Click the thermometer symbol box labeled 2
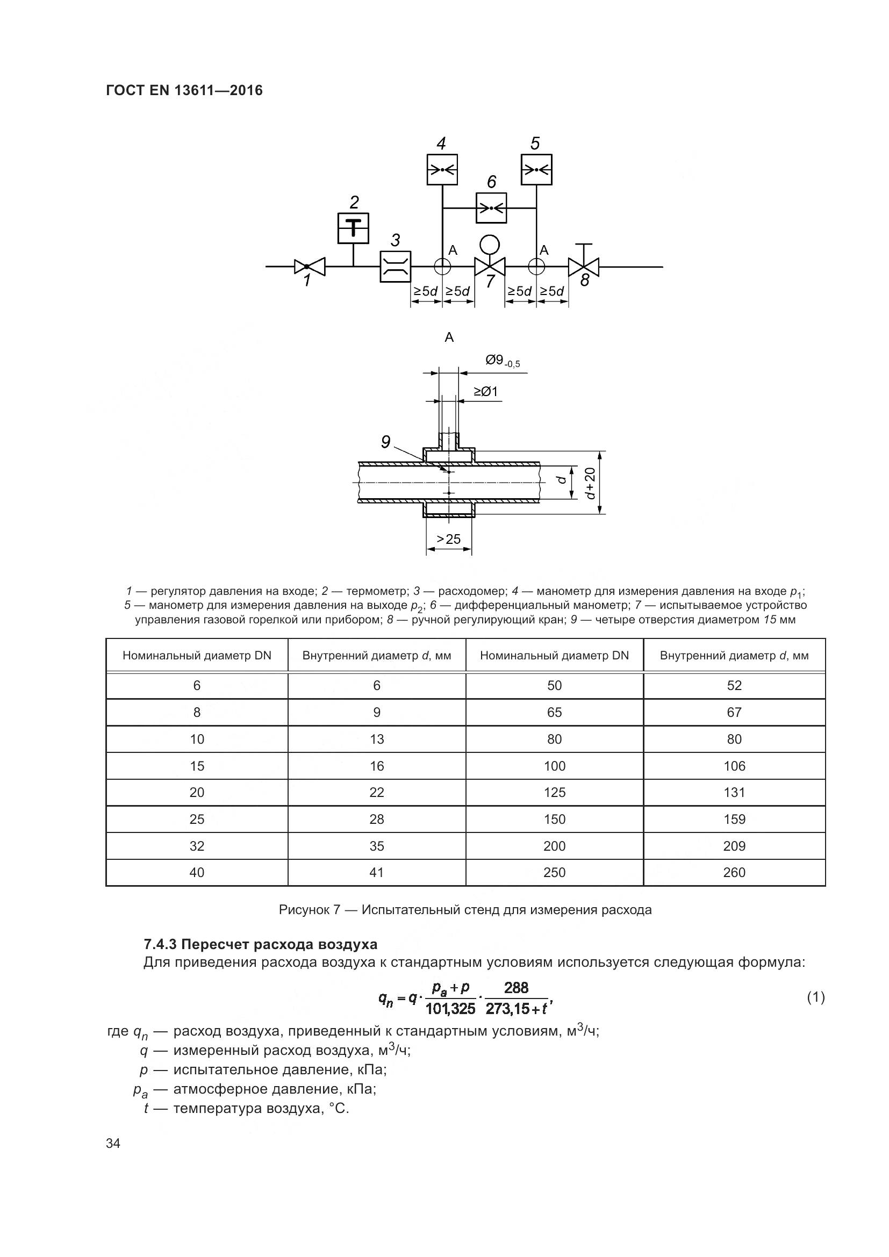coord(353,228)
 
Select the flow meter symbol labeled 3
coord(395,267)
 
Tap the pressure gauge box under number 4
coord(442,170)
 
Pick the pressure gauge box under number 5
coord(536,170)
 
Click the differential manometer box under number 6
coord(491,208)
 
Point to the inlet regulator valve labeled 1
coord(309,267)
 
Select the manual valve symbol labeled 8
coord(584,267)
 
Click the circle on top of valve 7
coord(490,243)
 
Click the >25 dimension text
coord(448,539)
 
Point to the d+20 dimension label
coord(590,484)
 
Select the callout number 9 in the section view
coord(386,442)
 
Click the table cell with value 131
coord(734,792)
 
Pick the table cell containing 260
coord(734,873)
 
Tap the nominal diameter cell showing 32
coord(197,846)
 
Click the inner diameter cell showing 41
coord(377,873)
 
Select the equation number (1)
coord(816,997)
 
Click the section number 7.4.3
coord(160,945)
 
